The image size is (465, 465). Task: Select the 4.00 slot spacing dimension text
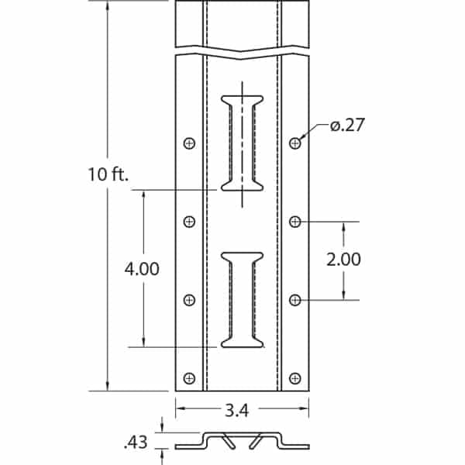click(x=143, y=269)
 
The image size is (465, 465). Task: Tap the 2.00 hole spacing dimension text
click(x=343, y=260)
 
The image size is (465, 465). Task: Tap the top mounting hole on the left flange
click(x=189, y=143)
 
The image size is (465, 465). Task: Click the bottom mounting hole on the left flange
click(x=189, y=378)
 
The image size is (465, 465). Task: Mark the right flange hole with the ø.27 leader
click(x=294, y=143)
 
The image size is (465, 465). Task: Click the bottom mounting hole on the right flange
click(x=294, y=378)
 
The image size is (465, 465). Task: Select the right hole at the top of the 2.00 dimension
click(x=294, y=222)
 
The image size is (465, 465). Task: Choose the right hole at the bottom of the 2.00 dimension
click(x=294, y=300)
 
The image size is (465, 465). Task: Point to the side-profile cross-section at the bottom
click(x=242, y=441)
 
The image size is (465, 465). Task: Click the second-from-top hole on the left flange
click(x=189, y=222)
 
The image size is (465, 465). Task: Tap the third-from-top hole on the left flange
click(x=189, y=300)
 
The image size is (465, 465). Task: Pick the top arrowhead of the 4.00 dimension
click(x=144, y=193)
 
